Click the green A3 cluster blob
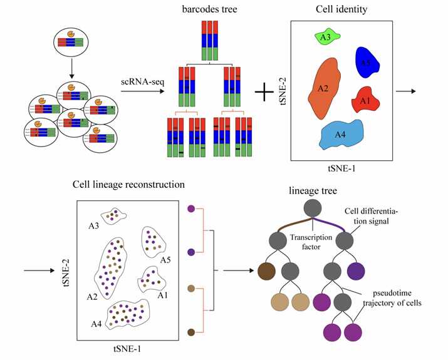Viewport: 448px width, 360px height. (326, 38)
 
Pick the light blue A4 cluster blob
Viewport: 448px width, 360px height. (341, 135)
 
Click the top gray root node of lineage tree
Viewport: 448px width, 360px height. (313, 208)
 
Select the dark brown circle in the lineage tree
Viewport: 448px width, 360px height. (267, 271)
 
